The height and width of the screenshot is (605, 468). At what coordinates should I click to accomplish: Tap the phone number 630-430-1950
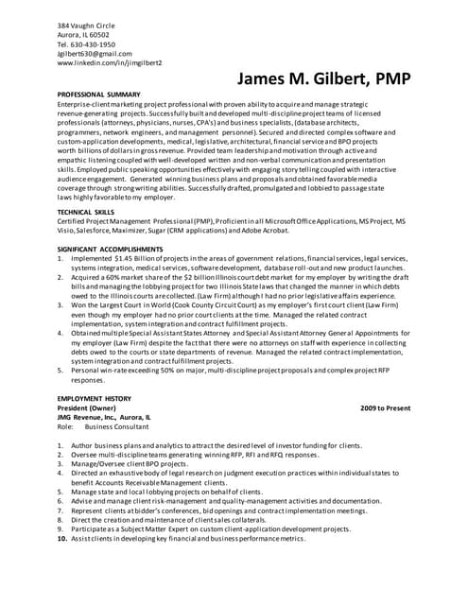coord(95,43)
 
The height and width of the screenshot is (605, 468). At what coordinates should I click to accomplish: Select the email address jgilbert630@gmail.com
coord(95,54)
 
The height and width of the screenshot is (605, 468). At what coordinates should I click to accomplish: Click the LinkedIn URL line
coord(110,63)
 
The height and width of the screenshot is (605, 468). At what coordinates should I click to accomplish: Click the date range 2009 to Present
coord(386,410)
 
